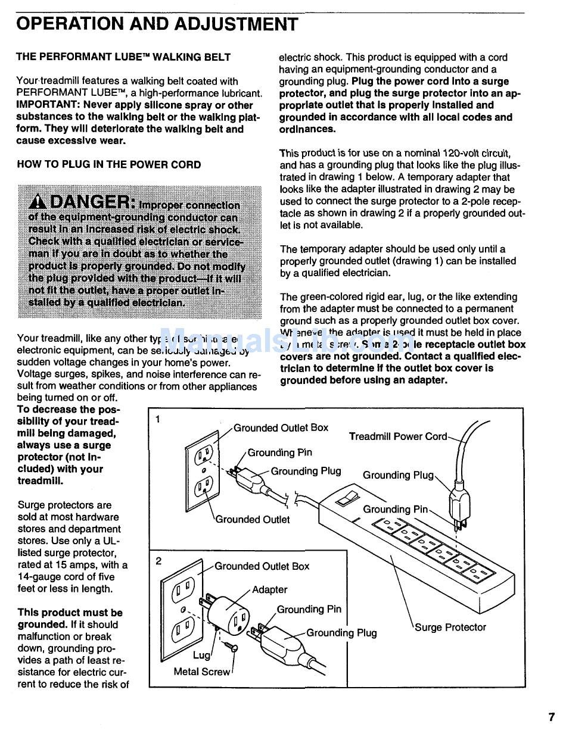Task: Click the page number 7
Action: tap(552, 717)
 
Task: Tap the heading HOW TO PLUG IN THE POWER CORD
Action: tap(108, 165)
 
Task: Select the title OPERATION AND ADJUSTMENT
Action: tap(157, 24)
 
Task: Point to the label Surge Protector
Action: tap(450, 628)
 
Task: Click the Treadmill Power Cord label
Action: tap(397, 436)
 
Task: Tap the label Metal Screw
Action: tap(201, 672)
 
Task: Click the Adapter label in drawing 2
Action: tap(269, 590)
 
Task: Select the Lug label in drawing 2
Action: tap(201, 656)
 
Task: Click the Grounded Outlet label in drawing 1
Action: tap(253, 520)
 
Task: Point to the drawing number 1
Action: tap(158, 419)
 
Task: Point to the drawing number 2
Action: tap(158, 561)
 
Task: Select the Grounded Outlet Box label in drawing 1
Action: tap(281, 427)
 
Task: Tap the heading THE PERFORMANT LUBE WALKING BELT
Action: tap(123, 57)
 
